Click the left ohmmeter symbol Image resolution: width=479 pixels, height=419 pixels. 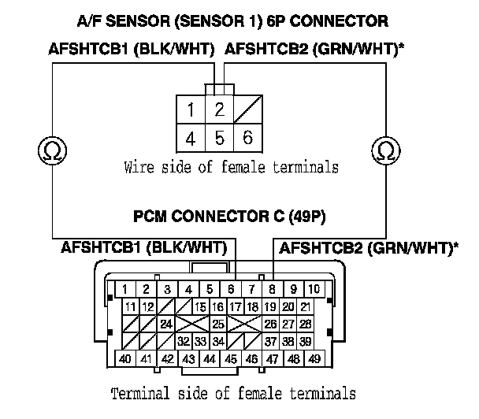click(52, 150)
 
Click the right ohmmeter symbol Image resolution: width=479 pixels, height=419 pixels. click(386, 150)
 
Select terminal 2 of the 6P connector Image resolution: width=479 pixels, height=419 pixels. click(219, 109)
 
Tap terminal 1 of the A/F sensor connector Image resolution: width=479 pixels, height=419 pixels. click(191, 109)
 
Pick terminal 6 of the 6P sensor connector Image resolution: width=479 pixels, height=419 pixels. click(247, 138)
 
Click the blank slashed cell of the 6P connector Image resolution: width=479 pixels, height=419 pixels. click(247, 109)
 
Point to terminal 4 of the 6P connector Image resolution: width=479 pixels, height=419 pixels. click(191, 138)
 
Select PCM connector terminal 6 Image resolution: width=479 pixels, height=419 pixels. click(231, 289)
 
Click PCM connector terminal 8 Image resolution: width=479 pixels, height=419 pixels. click(273, 289)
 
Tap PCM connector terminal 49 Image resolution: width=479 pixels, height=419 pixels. click(314, 358)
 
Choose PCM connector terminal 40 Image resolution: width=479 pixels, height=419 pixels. click(125, 358)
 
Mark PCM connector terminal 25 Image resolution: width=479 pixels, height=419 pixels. click(218, 324)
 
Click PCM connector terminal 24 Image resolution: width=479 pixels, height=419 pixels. click(166, 324)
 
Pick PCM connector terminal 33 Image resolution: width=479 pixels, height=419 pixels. click(201, 341)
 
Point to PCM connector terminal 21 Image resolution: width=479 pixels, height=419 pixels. click(305, 306)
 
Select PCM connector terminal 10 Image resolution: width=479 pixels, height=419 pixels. click(314, 289)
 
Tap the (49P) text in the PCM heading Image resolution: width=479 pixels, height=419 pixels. click(306, 217)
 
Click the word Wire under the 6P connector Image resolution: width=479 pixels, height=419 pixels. click(139, 167)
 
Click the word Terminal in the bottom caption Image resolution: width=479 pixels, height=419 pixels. click(140, 393)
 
